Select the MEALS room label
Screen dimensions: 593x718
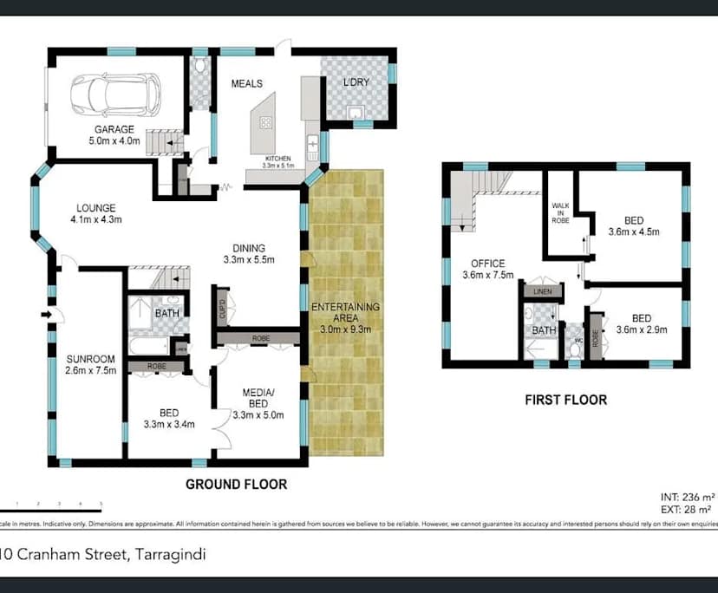pos(246,84)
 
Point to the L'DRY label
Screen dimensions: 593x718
pos(356,83)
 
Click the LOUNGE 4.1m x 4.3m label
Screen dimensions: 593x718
pos(96,213)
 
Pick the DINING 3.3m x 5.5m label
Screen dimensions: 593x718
pos(249,253)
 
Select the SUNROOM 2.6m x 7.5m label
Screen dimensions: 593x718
pos(91,366)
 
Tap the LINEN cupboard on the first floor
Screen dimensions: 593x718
pos(543,291)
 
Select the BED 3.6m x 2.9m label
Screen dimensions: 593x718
pos(641,324)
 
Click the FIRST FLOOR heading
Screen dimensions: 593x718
pos(565,400)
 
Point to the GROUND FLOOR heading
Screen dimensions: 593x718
pos(236,484)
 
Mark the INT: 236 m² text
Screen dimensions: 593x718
pos(687,498)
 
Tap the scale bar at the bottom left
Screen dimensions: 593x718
pos(52,504)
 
